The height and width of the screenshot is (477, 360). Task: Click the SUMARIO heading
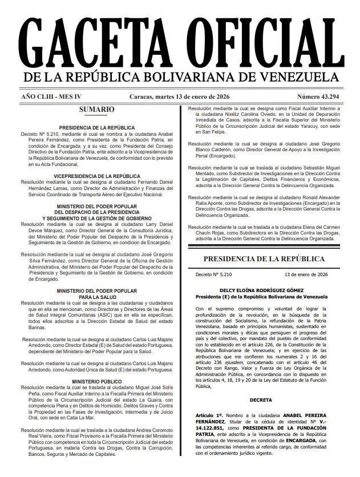coord(97,109)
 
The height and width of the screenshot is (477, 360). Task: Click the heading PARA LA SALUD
coord(97,297)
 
